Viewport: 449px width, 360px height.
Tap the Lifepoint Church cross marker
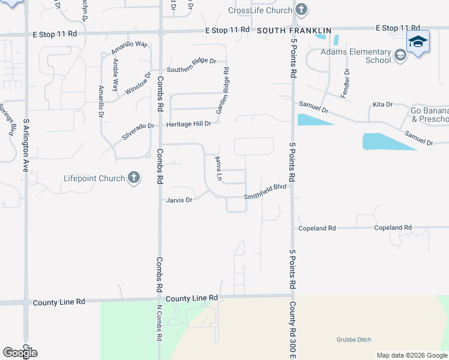[133, 178]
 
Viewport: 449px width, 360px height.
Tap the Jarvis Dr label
[179, 200]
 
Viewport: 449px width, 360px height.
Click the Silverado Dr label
[139, 131]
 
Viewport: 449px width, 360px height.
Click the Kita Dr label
[382, 104]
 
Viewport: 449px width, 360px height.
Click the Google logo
[20, 353]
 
